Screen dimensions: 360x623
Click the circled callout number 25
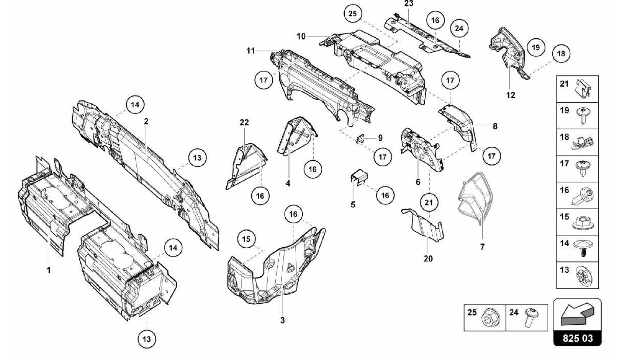click(x=353, y=14)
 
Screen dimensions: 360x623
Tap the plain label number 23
click(x=409, y=4)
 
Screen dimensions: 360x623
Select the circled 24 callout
click(x=459, y=28)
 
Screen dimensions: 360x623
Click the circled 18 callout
click(x=561, y=54)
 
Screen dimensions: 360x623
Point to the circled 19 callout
click(x=536, y=47)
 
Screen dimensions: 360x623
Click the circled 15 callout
click(x=246, y=239)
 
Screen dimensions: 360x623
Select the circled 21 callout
click(x=428, y=202)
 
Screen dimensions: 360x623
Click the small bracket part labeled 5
click(x=359, y=177)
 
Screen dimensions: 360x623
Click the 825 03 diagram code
click(x=577, y=338)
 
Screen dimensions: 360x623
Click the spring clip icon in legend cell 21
click(x=583, y=89)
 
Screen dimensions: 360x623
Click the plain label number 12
click(x=511, y=95)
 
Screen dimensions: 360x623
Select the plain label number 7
click(x=482, y=247)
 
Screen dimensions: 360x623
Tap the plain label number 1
click(x=49, y=270)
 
